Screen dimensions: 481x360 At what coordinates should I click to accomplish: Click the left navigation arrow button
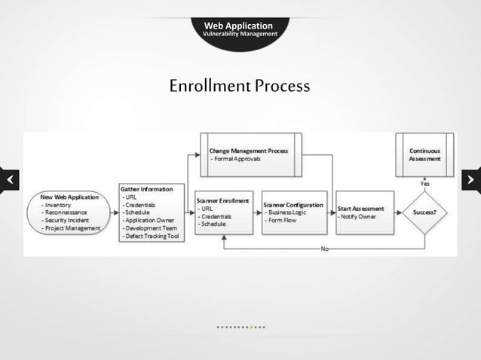9,181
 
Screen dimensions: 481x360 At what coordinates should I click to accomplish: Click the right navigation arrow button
471,181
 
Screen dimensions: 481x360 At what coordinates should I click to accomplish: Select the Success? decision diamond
425,212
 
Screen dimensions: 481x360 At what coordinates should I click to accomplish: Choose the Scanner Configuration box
294,212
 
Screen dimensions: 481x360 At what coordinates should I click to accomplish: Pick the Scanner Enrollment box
223,212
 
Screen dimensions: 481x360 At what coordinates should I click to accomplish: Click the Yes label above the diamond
425,183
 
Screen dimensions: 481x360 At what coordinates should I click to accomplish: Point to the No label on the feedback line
324,249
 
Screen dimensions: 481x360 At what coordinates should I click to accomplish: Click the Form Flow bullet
282,221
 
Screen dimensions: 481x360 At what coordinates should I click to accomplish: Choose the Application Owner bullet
152,220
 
